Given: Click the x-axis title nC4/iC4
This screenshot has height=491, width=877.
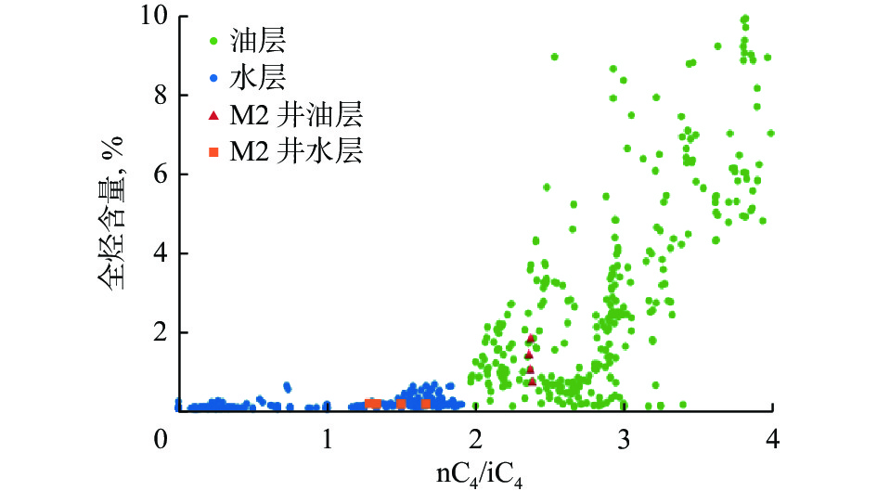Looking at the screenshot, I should click(487, 472).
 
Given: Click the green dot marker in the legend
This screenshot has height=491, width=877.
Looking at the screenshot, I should click(214, 41).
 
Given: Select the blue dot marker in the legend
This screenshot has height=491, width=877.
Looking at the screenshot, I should click(214, 78).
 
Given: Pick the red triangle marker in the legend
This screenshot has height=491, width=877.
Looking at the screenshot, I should click(214, 115).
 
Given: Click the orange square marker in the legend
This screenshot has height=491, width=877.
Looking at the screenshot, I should click(214, 152).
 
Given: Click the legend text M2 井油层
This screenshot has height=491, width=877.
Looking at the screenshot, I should click(298, 115).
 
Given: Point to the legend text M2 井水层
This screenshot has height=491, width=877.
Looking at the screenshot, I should click(298, 152).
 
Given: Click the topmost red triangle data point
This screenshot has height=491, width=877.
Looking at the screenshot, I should click(531, 338).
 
